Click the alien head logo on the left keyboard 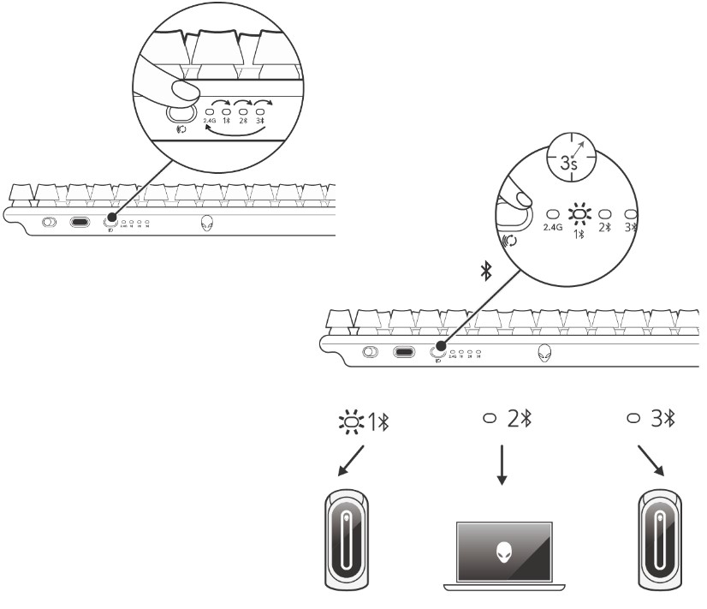pyautogui.click(x=207, y=223)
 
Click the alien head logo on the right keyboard pyautogui.click(x=544, y=352)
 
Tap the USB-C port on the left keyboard pyautogui.click(x=80, y=223)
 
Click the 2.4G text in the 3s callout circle pyautogui.click(x=552, y=228)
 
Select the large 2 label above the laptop pyautogui.click(x=514, y=419)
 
